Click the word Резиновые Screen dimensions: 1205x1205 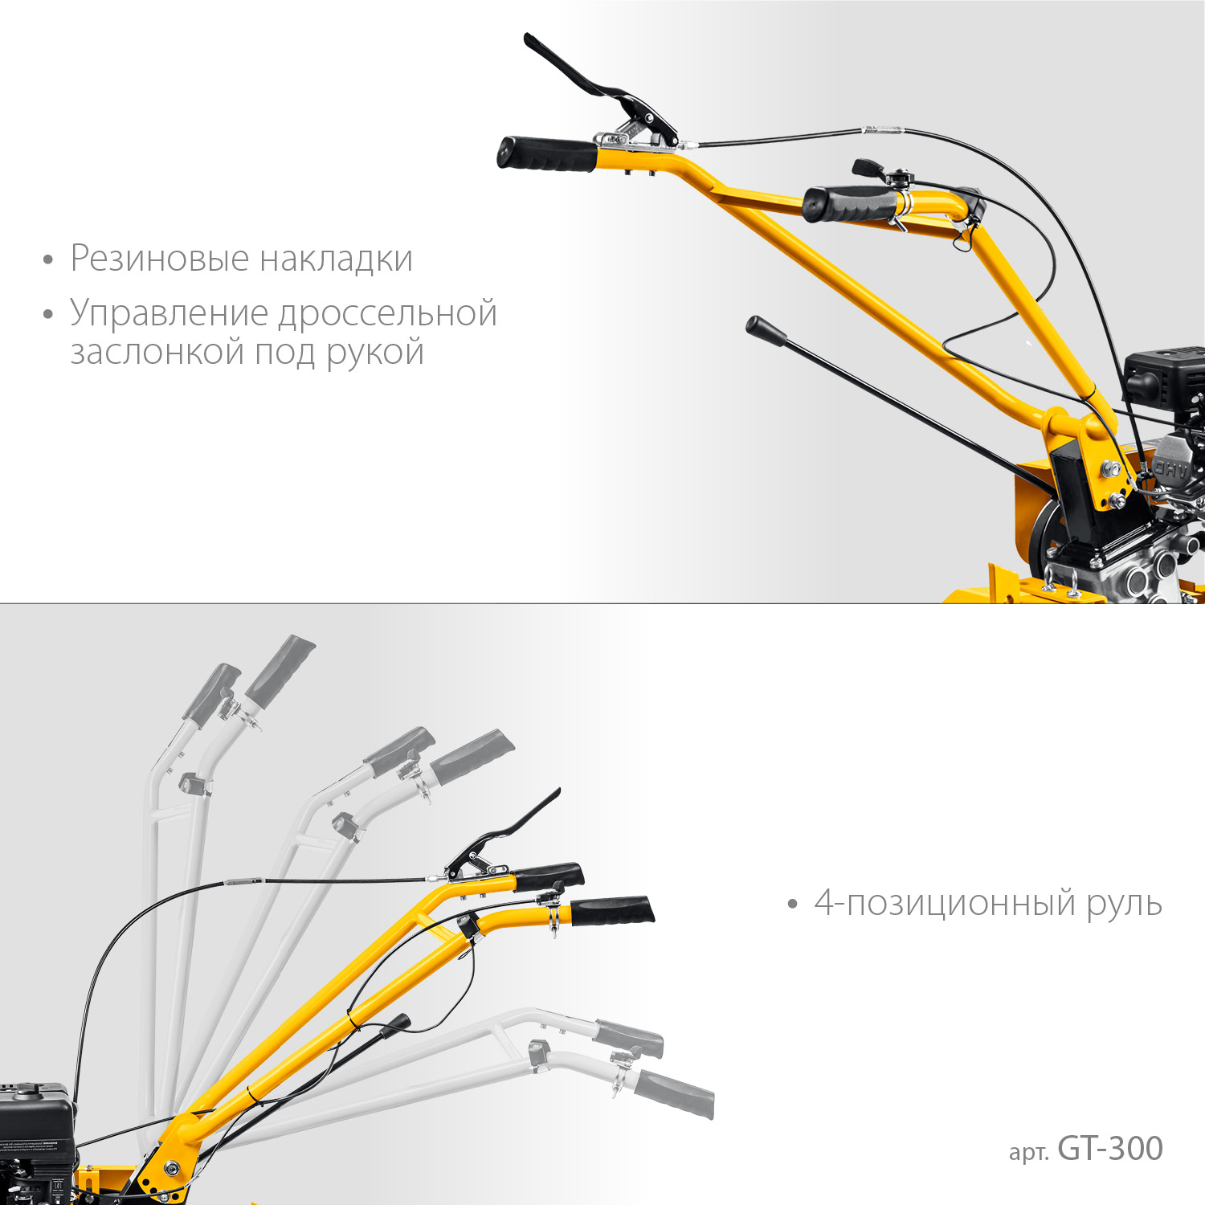(x=159, y=259)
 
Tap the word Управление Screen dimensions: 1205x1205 (x=169, y=313)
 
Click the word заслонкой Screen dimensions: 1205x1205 (x=157, y=352)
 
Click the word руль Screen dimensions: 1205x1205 (x=1124, y=905)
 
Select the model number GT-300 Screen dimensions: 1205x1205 (x=1110, y=1149)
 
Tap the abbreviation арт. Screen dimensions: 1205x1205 (x=1029, y=1152)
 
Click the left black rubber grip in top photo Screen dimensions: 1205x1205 (x=546, y=154)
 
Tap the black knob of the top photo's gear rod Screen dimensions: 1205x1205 (x=765, y=329)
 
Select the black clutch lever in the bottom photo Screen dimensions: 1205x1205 (x=514, y=827)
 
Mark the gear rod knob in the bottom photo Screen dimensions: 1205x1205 (x=394, y=1024)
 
